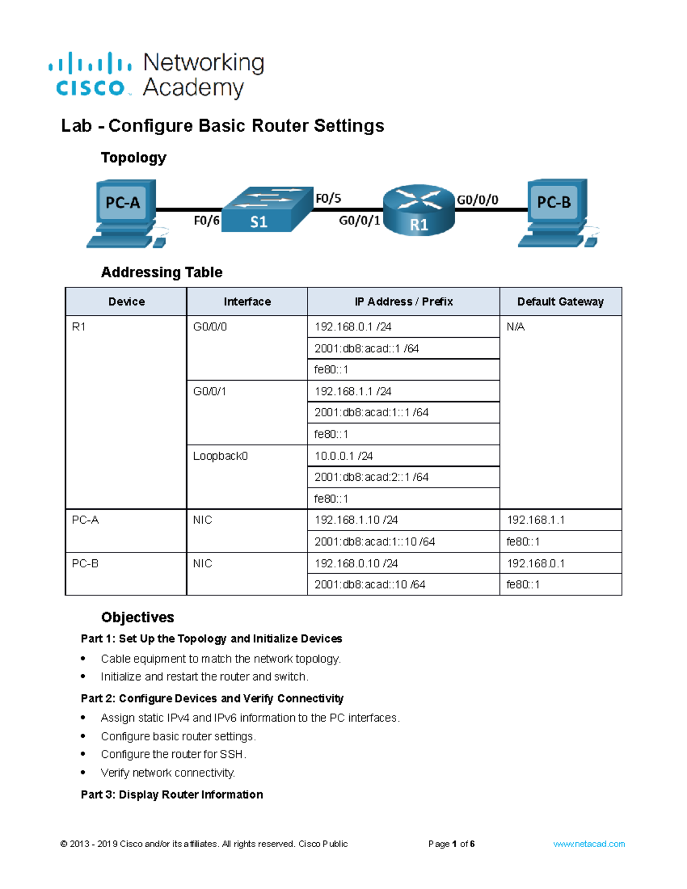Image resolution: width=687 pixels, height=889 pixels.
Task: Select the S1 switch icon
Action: click(267, 210)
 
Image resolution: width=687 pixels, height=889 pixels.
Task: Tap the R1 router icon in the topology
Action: click(418, 210)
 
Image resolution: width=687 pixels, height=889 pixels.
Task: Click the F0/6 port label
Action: click(206, 220)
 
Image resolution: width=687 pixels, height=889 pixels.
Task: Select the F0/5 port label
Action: click(328, 199)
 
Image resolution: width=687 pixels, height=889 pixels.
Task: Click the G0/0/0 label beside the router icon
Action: click(477, 200)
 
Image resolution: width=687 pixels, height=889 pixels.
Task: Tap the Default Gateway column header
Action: click(560, 302)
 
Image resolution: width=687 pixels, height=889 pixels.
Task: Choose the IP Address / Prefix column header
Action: click(403, 302)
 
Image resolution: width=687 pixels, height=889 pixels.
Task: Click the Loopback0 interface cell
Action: click(220, 456)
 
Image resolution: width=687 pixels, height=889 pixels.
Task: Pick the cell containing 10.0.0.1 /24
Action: click(343, 456)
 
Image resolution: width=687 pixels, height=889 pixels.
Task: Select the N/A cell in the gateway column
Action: click(515, 327)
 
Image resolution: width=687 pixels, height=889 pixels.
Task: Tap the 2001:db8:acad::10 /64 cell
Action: click(370, 584)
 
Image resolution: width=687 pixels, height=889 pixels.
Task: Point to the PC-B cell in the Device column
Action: click(85, 564)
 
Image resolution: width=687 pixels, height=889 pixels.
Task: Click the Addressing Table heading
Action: click(161, 272)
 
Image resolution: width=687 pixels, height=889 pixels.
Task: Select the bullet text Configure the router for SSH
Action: click(173, 754)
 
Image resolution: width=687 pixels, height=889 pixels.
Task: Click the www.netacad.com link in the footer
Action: click(589, 844)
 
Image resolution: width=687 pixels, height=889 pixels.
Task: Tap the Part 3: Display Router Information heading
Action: click(172, 795)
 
